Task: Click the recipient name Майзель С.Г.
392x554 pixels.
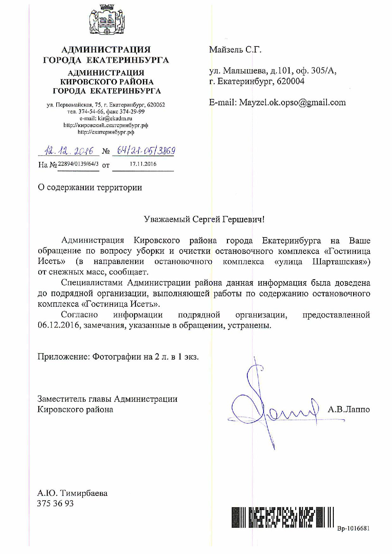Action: coord(235,50)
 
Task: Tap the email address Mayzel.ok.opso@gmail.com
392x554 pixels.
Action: coord(292,102)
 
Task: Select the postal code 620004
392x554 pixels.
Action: coord(291,82)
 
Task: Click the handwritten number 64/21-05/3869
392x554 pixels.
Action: coord(146,151)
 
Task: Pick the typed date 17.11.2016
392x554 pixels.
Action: coord(143,164)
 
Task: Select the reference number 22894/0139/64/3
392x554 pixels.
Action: coord(78,164)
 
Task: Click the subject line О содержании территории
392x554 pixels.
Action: coord(90,188)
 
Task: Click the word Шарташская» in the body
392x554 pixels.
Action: coord(341,262)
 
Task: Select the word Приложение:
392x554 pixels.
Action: coord(64,357)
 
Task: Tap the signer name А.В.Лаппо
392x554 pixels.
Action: coord(349,409)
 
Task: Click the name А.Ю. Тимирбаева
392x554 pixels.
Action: coord(72,493)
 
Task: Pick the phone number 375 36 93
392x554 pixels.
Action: coord(55,503)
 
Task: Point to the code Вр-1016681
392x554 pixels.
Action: coord(353,528)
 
